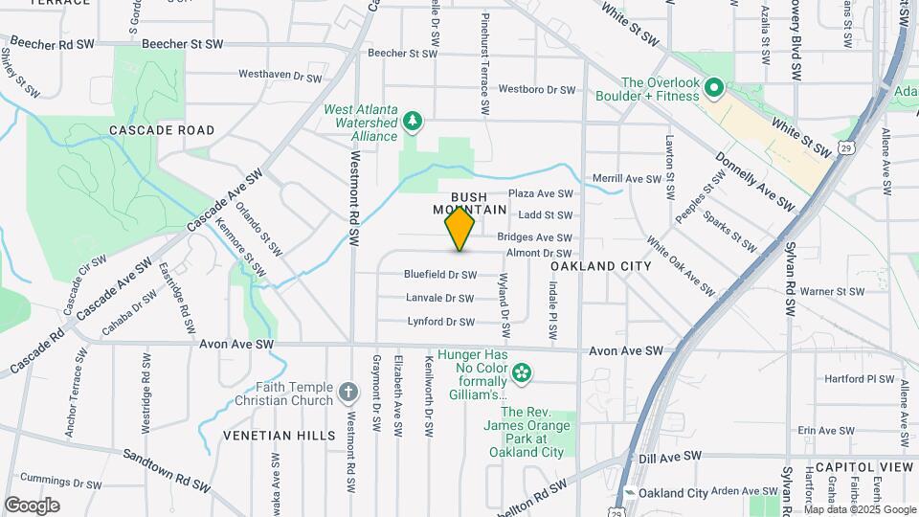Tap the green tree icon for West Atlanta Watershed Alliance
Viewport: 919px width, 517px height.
tap(413, 121)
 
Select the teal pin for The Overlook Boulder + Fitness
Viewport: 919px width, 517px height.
tap(713, 90)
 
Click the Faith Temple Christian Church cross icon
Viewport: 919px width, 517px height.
tap(348, 392)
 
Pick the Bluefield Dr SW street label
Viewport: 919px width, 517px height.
tap(440, 275)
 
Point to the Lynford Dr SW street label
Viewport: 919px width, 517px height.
tap(441, 323)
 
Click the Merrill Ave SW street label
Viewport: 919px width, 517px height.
tap(627, 179)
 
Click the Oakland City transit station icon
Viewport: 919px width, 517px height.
tap(630, 493)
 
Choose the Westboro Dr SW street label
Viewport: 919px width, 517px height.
tap(537, 90)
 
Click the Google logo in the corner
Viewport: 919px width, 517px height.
tap(32, 505)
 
